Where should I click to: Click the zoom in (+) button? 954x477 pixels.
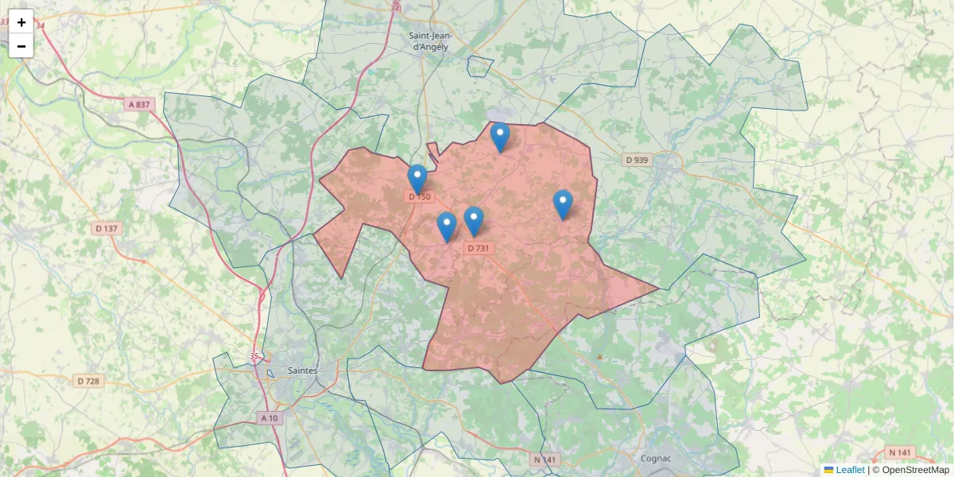[x=21, y=22]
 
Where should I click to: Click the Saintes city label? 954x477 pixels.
[x=302, y=370]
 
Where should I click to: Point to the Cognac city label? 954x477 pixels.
[x=657, y=458]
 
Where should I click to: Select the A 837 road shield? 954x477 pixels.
[x=138, y=104]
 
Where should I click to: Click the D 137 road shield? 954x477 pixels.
[x=107, y=228]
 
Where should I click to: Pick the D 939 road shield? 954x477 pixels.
[x=637, y=160]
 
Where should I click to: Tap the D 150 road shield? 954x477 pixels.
[x=419, y=196]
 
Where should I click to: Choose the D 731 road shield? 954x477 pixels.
[x=479, y=248]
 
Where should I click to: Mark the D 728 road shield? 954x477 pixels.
[x=89, y=381]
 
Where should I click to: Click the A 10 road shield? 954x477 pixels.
[x=270, y=418]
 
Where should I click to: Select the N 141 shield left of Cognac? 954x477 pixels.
[x=546, y=459]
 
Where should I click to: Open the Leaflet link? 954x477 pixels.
[x=849, y=470]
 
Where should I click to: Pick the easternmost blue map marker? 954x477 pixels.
[x=563, y=204]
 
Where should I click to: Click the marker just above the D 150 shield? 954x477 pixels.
[x=417, y=178]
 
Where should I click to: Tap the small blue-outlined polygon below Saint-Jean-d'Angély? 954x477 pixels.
[x=480, y=67]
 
